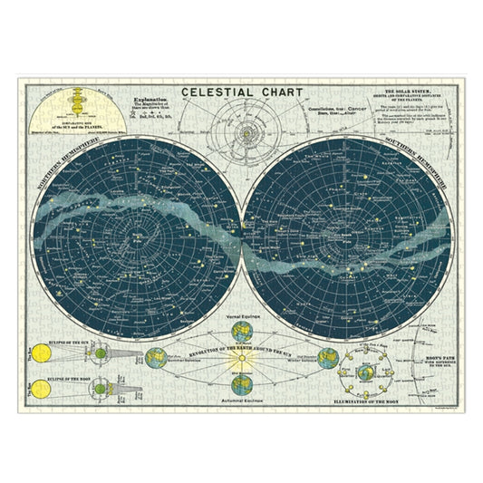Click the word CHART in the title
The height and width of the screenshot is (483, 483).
pyautogui.click(x=278, y=92)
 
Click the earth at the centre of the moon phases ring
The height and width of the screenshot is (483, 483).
pyautogui.click(x=365, y=371)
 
